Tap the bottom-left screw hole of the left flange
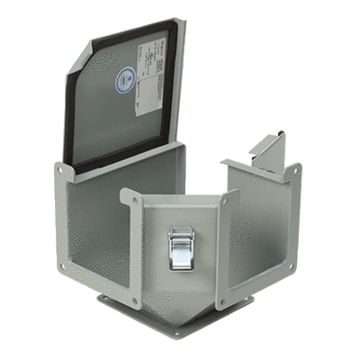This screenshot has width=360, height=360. tap(63, 267)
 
